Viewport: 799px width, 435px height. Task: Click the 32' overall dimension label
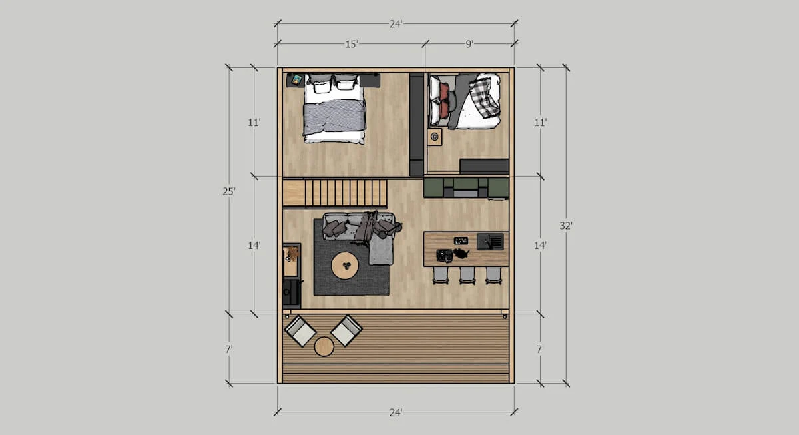pos(565,226)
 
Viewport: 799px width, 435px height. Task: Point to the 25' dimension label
pos(228,191)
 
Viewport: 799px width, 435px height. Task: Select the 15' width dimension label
pos(352,44)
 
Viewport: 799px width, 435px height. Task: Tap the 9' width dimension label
pos(469,44)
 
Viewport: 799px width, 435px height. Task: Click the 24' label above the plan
pos(396,24)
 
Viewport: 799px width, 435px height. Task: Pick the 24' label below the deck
pos(396,412)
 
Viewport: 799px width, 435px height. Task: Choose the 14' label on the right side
pos(540,246)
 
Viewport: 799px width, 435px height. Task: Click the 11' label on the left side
pos(253,123)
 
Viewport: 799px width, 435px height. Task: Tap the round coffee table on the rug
pos(345,266)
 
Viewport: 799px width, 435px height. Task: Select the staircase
pos(335,193)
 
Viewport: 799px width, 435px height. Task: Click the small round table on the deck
pos(324,346)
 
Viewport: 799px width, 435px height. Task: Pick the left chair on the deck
pos(300,331)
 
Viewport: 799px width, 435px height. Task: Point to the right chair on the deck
pos(346,330)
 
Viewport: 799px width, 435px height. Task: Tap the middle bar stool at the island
pos(467,275)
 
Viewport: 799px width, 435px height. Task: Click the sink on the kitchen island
pos(490,241)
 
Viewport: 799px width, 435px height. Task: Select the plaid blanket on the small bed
pos(485,97)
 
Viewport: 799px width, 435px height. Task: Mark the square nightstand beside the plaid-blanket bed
pos(435,137)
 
